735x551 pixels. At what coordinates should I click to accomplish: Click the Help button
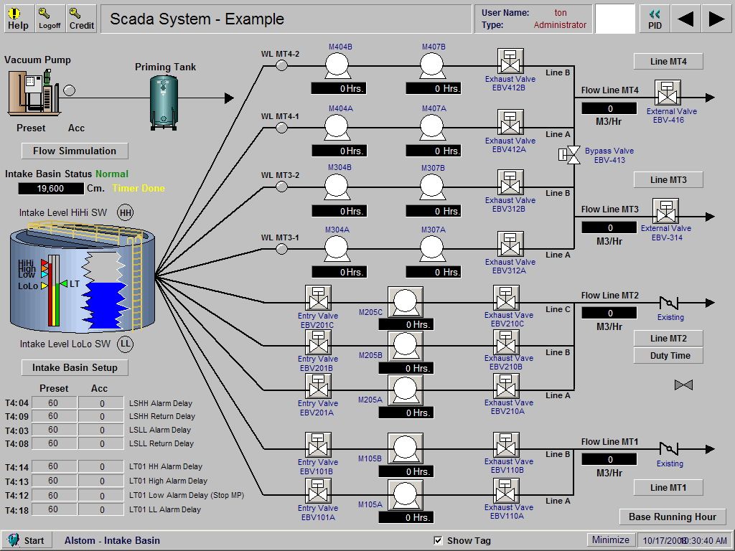pyautogui.click(x=18, y=19)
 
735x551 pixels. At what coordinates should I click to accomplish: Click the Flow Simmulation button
pyautogui.click(x=75, y=151)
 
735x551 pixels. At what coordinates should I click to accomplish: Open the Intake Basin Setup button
pyautogui.click(x=75, y=367)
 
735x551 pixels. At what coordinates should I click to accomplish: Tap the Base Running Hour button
pyautogui.click(x=673, y=517)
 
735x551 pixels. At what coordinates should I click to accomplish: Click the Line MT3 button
pyautogui.click(x=668, y=179)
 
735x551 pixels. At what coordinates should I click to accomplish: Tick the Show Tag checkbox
pyautogui.click(x=439, y=540)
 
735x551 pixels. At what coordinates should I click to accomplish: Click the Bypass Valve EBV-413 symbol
pyautogui.click(x=574, y=154)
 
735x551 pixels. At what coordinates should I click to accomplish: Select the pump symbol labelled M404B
pyautogui.click(x=336, y=67)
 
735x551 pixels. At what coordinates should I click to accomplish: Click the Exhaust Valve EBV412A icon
pyautogui.click(x=510, y=123)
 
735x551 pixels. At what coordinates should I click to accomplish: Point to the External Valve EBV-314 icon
pyautogui.click(x=665, y=212)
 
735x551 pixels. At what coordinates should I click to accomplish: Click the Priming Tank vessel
pyautogui.click(x=164, y=101)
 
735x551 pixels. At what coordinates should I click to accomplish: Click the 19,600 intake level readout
pyautogui.click(x=50, y=189)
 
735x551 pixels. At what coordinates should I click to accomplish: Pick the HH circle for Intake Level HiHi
pyautogui.click(x=126, y=212)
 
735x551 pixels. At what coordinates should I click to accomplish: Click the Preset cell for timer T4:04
pyautogui.click(x=53, y=403)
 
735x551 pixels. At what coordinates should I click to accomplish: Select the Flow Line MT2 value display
pyautogui.click(x=609, y=313)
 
